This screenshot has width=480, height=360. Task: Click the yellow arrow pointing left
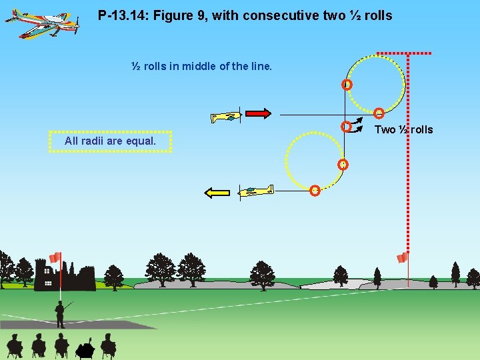pyautogui.click(x=217, y=193)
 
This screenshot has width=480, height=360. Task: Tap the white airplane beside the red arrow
pyautogui.click(x=225, y=117)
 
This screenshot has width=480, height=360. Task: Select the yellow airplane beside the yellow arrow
pyautogui.click(x=256, y=191)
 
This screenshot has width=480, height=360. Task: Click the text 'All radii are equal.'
pyautogui.click(x=110, y=141)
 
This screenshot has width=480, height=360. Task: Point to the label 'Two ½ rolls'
pyautogui.click(x=403, y=129)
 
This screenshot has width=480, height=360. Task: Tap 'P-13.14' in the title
pyautogui.click(x=120, y=15)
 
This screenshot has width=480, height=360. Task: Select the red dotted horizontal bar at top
pyautogui.click(x=404, y=53)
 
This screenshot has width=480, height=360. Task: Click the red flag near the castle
pyautogui.click(x=55, y=257)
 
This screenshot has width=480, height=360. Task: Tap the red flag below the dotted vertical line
pyautogui.click(x=402, y=258)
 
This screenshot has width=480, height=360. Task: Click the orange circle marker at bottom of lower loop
pyautogui.click(x=315, y=190)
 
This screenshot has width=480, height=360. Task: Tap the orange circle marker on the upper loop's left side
pyautogui.click(x=347, y=85)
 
